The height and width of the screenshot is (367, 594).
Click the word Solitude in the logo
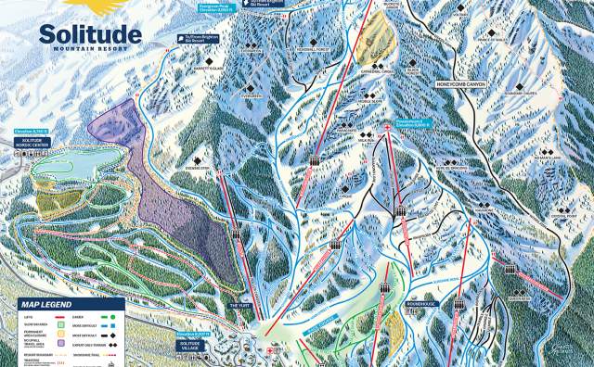(90, 35)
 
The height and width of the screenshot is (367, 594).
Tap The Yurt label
(240, 304)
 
